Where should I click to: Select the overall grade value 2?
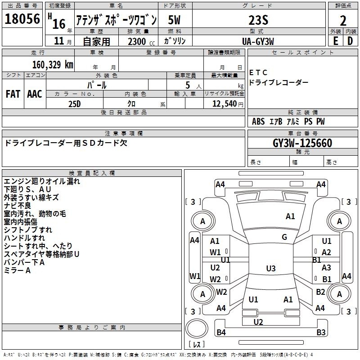click(x=343, y=21)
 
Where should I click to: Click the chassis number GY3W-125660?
click(x=302, y=143)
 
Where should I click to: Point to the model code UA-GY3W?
click(x=258, y=41)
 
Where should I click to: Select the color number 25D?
click(x=74, y=103)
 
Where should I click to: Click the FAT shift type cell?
click(x=13, y=94)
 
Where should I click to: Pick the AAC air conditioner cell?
click(x=35, y=94)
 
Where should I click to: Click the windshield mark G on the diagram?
click(x=284, y=237)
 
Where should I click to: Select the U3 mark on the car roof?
click(x=270, y=269)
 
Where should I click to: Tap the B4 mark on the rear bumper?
click(x=221, y=333)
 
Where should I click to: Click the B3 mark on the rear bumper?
click(x=321, y=333)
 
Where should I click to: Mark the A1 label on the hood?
click(x=290, y=216)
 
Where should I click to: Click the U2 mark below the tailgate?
click(x=258, y=322)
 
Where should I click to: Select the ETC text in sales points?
click(x=258, y=72)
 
